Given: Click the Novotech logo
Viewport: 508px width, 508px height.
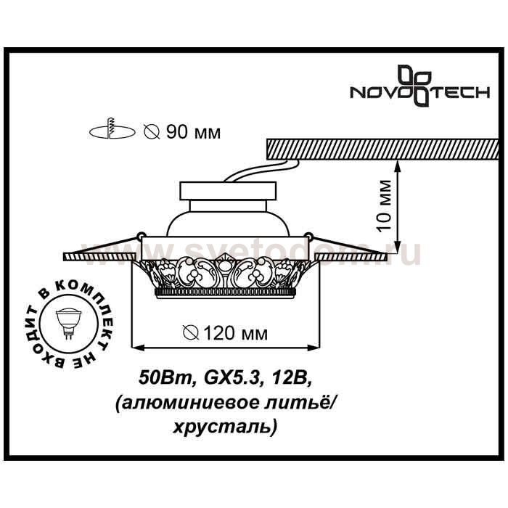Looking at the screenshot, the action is pyautogui.click(x=420, y=86).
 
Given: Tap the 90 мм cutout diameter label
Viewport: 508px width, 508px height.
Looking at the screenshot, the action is pyautogui.click(x=182, y=132).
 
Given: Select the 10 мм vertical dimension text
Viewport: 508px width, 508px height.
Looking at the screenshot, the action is pyautogui.click(x=385, y=205).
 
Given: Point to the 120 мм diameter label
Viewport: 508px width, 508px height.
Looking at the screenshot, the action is pyautogui.click(x=225, y=332).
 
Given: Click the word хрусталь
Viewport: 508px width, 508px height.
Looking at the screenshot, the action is pyautogui.click(x=225, y=427).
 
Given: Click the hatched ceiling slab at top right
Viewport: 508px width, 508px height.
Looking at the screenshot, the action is pyautogui.click(x=382, y=149).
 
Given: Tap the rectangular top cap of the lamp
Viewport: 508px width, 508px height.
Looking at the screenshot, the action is pyautogui.click(x=229, y=191).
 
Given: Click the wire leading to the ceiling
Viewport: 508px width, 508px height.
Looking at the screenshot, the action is pyautogui.click(x=262, y=171).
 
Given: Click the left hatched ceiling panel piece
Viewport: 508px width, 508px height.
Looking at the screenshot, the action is pyautogui.click(x=99, y=257).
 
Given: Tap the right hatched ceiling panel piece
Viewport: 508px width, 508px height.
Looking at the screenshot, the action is pyautogui.click(x=351, y=257).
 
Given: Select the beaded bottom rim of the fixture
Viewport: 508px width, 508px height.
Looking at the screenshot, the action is pyautogui.click(x=226, y=292).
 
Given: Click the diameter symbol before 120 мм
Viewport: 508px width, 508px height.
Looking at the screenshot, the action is pyautogui.click(x=190, y=333).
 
